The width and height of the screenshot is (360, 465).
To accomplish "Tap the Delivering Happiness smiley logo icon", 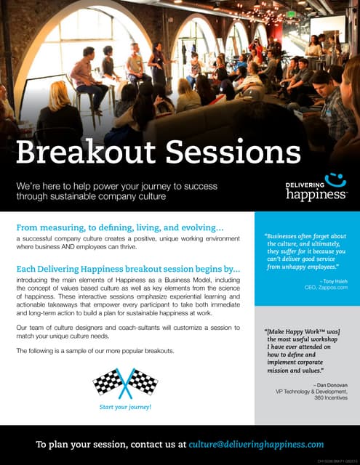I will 334,179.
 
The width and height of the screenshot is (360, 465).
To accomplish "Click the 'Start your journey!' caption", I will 125,407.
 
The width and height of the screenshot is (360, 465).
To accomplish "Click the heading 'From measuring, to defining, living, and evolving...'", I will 120,227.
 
